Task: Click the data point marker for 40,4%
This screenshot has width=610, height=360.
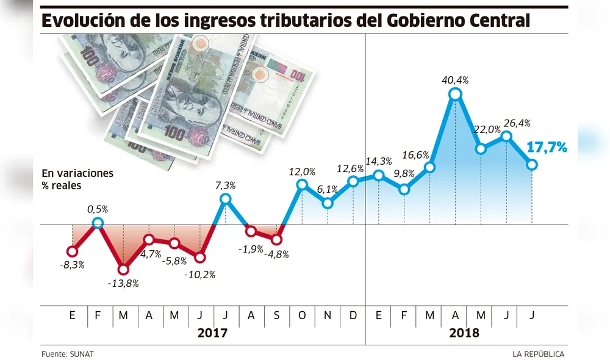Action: coord(455,94)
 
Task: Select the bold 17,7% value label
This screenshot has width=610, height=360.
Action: coord(547,147)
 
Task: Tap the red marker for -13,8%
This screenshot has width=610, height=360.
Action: coord(124,269)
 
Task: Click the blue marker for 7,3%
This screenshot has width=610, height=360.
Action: coord(226,199)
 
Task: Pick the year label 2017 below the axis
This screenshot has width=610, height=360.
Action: coord(212,334)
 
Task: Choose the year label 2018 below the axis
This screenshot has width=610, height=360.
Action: coord(464,334)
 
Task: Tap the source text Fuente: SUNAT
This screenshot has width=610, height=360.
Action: coord(68,354)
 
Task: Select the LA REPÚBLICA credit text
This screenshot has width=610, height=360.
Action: coord(538,354)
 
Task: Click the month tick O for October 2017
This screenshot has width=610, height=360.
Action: coord(302,315)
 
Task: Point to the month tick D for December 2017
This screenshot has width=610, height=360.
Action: coord(353,315)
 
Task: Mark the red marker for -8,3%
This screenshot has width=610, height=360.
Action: coord(73,251)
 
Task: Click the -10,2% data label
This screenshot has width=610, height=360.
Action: coord(199,275)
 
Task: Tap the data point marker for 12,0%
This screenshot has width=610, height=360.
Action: coord(302,184)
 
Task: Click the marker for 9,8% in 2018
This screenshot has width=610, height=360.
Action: coord(404,190)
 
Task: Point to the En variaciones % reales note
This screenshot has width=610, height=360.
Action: coord(77,179)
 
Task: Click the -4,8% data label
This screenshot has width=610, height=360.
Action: coord(276,254)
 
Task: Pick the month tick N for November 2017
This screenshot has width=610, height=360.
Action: coord(328,315)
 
